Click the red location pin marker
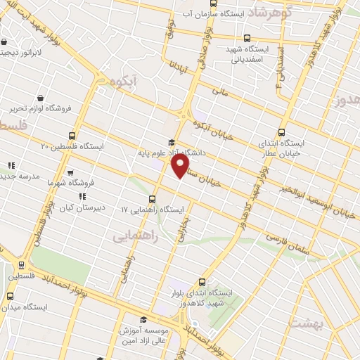(181, 166)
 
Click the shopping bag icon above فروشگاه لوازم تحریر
(41, 98)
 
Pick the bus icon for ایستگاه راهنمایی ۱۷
(153, 200)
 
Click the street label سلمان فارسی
(289, 244)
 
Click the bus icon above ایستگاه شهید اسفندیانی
(245, 39)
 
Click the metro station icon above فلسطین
(20, 265)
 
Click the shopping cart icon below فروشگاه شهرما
(70, 171)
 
